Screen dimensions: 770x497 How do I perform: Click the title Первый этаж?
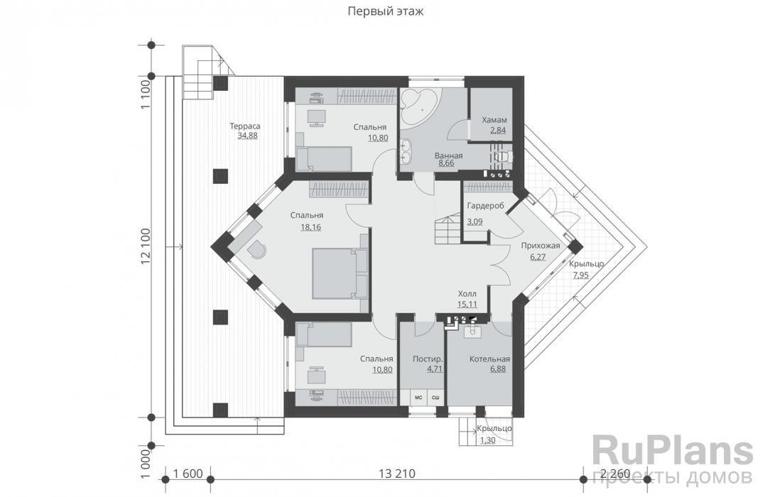click(x=385, y=11)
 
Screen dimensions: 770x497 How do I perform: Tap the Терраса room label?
click(x=245, y=126)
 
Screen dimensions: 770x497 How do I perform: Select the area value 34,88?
click(x=247, y=136)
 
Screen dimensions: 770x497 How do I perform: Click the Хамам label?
click(x=494, y=120)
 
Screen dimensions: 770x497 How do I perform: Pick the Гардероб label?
click(x=486, y=206)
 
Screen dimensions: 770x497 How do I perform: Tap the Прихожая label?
click(x=540, y=246)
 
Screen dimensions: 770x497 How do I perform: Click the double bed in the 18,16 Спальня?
click(x=334, y=273)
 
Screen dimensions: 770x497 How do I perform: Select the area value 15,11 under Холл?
click(x=467, y=304)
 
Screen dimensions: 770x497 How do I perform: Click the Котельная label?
click(x=489, y=359)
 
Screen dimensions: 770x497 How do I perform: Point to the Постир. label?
click(x=428, y=359)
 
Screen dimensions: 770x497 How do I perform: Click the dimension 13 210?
click(x=397, y=474)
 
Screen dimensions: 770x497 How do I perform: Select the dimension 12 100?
click(x=146, y=247)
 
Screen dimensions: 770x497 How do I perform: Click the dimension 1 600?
click(x=188, y=474)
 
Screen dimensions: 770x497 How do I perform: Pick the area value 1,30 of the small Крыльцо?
click(x=487, y=440)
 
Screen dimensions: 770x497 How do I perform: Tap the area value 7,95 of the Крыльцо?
click(x=580, y=275)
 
